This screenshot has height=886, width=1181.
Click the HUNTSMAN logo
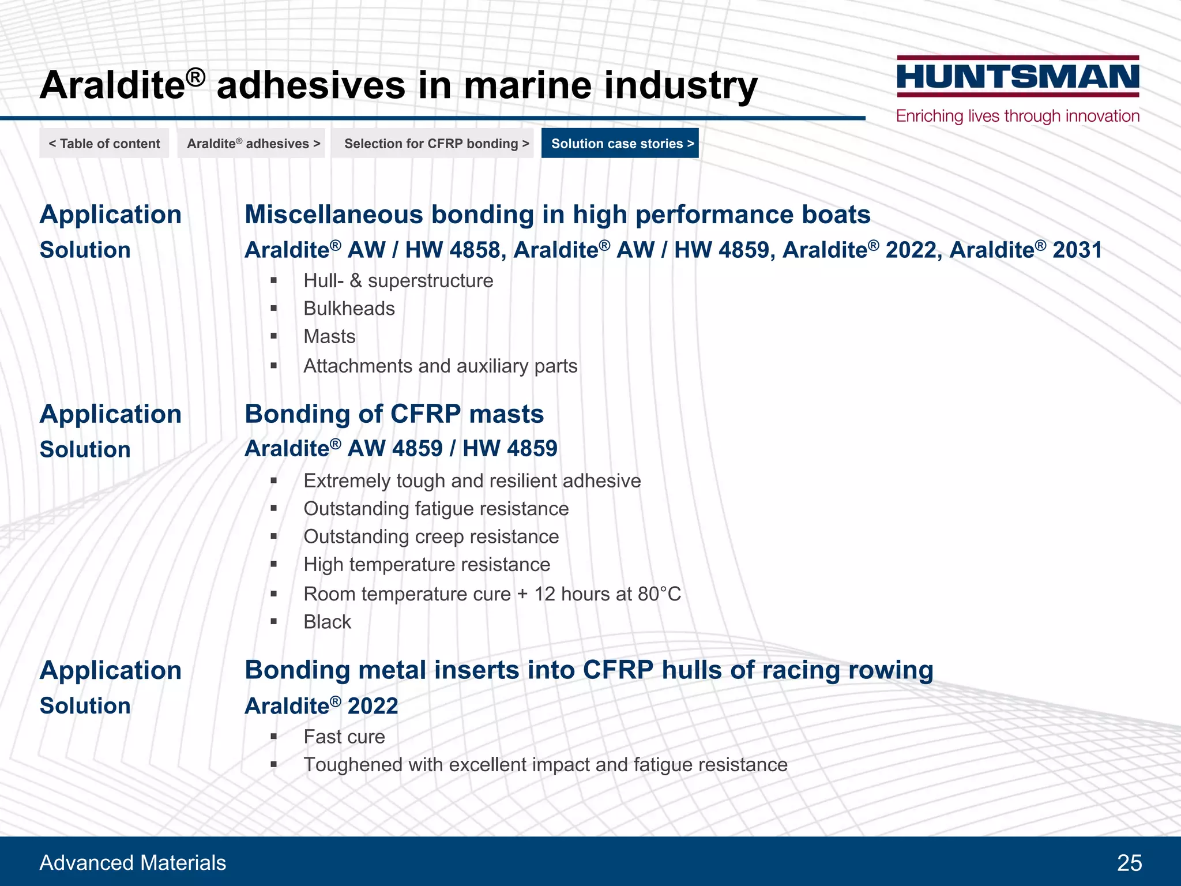[1018, 77]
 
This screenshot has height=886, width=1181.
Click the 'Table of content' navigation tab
[104, 144]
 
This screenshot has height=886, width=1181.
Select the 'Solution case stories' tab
[620, 144]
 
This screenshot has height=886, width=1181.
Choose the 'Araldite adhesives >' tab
[253, 144]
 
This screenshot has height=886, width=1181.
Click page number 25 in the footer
[1129, 863]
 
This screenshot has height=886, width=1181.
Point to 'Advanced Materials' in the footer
[133, 863]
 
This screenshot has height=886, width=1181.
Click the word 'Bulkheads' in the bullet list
[349, 309]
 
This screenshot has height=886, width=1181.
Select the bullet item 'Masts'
[329, 336]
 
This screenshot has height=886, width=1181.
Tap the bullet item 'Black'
[327, 622]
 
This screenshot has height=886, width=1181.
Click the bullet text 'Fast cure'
[344, 737]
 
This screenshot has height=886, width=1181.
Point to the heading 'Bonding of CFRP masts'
[394, 414]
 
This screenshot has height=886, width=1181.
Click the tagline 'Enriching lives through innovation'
[1018, 116]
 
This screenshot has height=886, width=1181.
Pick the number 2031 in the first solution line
[1077, 250]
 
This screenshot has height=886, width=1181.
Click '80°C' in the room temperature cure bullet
[659, 594]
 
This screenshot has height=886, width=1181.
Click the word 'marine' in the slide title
[527, 85]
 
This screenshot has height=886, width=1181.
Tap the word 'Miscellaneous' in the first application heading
[334, 215]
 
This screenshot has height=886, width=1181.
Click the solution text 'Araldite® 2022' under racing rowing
[321, 706]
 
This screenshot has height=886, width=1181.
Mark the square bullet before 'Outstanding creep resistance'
[274, 536]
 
